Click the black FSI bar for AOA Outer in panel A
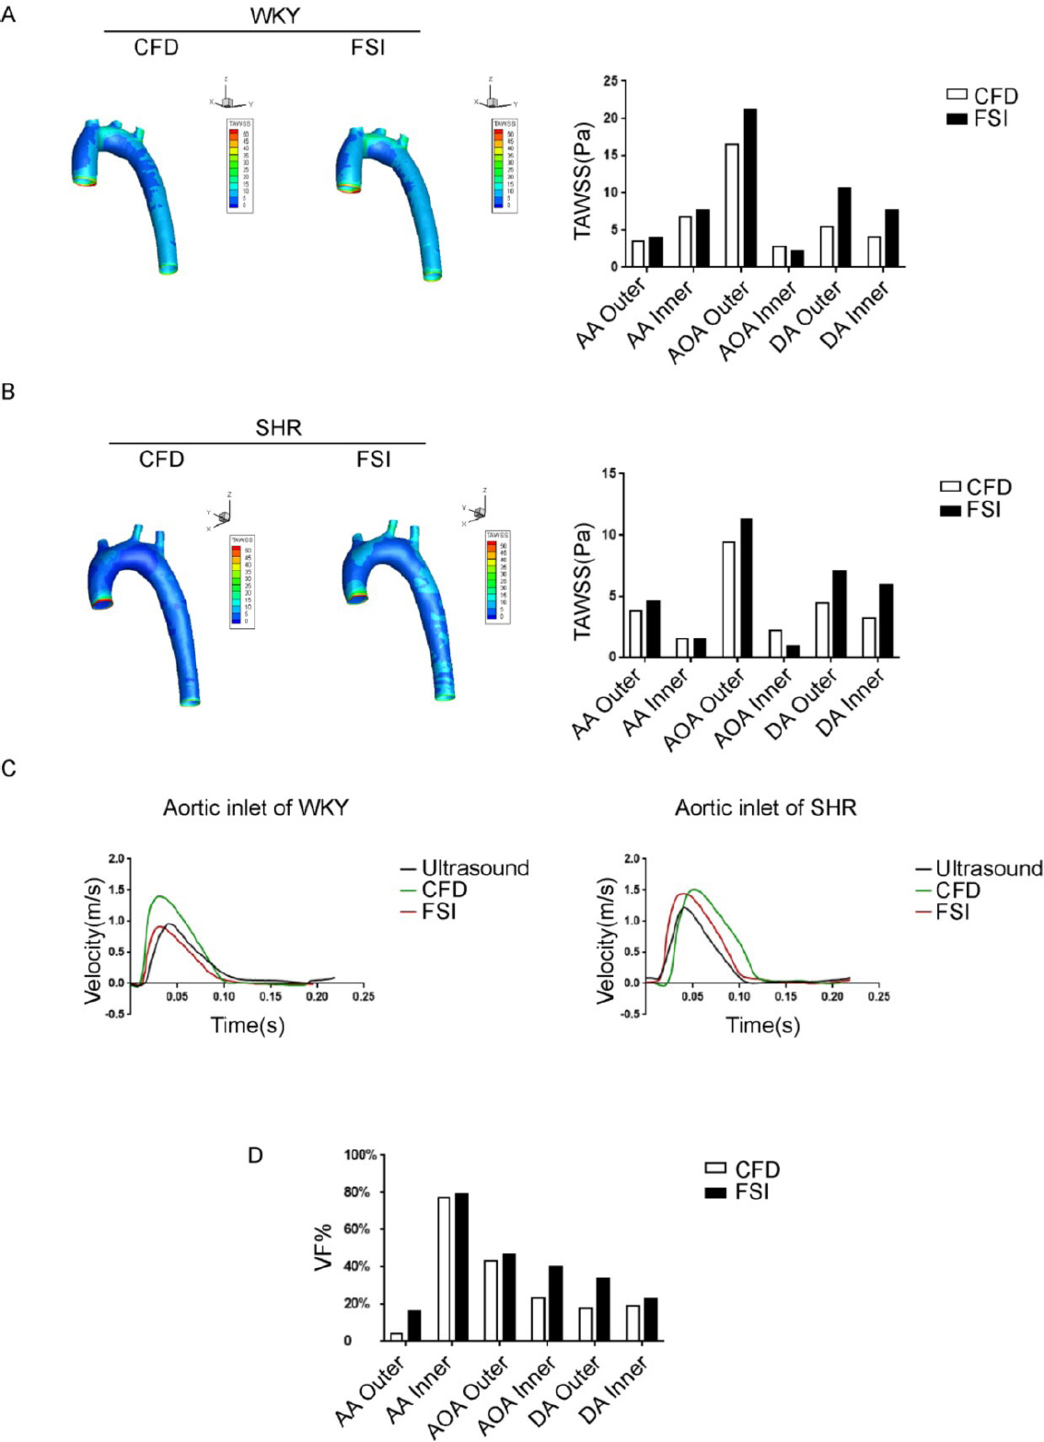[750, 188]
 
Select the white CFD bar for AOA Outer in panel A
[732, 205]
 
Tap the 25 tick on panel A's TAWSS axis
[610, 81]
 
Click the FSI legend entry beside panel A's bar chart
[981, 119]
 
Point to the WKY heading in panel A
[274, 17]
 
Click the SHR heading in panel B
[278, 428]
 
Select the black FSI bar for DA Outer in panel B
[840, 613]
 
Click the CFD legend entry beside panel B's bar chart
[976, 487]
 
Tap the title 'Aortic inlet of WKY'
[256, 808]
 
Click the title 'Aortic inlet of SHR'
[765, 808]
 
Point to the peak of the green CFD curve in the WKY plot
[160, 896]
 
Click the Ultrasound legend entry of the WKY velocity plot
[465, 867]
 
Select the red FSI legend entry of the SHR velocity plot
[943, 913]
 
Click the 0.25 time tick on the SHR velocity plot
[878, 997]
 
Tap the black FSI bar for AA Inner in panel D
[462, 1267]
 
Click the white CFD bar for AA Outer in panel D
[397, 1336]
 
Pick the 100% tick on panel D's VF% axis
[360, 1155]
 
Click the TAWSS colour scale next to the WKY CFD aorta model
[239, 166]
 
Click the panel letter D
[256, 1154]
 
